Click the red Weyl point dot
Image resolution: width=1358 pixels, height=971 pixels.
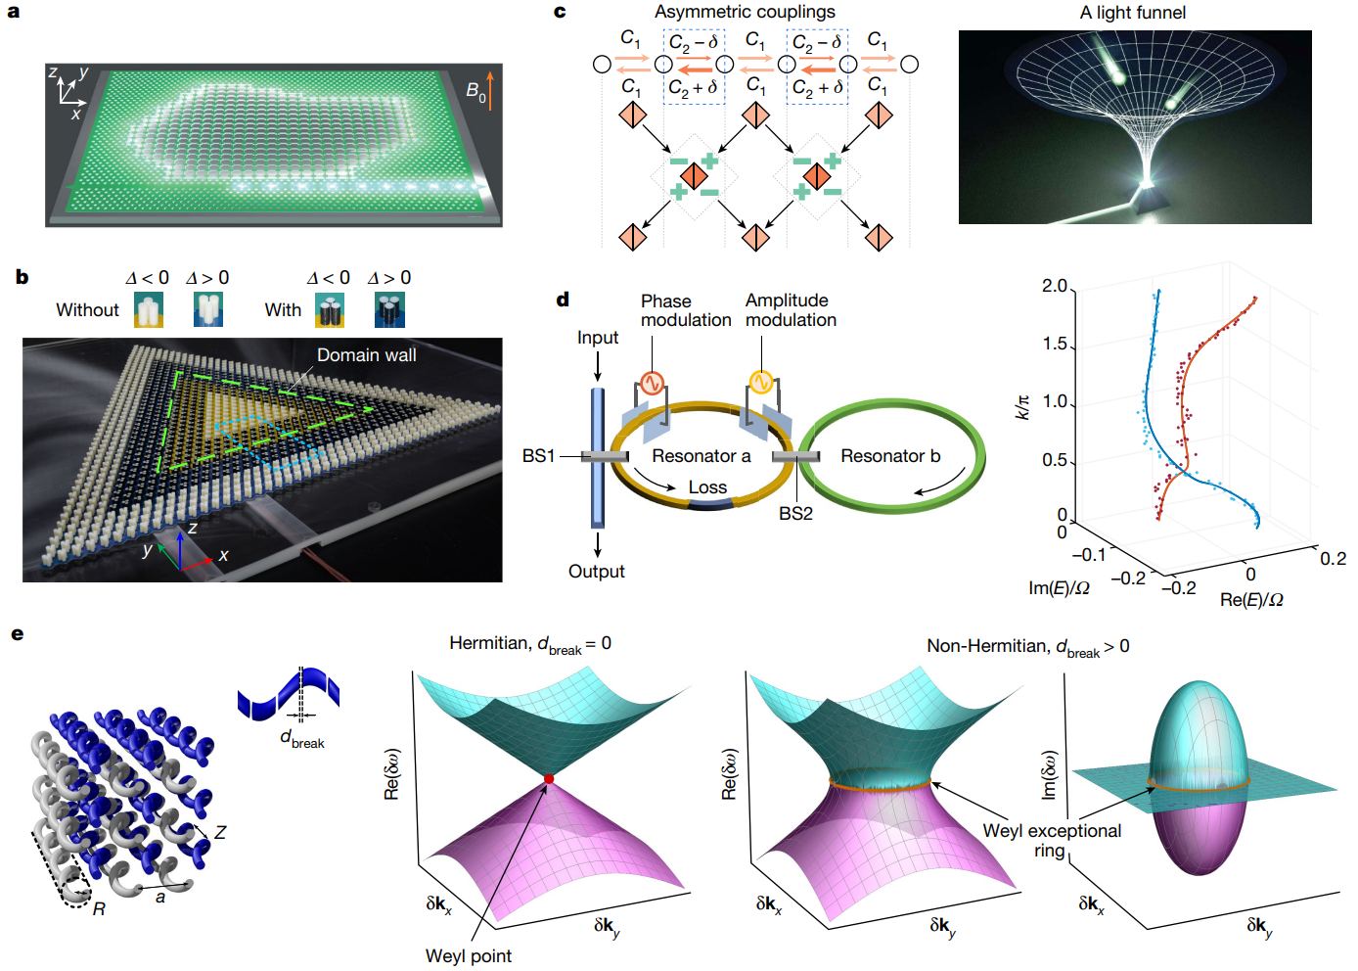coord(549,779)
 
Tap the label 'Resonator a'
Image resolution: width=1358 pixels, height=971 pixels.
coord(702,456)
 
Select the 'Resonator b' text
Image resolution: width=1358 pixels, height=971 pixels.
coord(890,456)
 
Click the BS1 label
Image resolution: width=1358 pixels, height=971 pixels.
coord(538,456)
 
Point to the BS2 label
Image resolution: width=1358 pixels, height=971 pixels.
coord(795,514)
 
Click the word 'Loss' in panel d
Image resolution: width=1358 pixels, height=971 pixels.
coord(707,487)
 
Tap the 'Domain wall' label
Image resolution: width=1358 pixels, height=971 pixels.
coord(366,355)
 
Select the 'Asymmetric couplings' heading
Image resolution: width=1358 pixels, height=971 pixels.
coord(745,12)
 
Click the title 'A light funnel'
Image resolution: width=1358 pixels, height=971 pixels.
coord(1133,13)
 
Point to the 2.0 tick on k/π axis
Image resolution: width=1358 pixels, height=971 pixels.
coord(1055,286)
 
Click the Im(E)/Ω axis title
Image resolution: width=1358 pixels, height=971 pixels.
coord(1059,588)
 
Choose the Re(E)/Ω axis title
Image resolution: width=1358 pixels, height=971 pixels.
coord(1251,599)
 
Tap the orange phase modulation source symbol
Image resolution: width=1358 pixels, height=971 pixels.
coord(652,383)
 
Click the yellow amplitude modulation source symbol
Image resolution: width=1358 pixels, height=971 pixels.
coord(760,382)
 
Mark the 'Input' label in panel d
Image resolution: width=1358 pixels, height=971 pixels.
coord(598,338)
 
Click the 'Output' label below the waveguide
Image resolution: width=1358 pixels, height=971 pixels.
coord(597,572)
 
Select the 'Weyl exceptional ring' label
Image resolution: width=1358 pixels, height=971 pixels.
coord(1052,840)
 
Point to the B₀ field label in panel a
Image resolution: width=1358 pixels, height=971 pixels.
coord(475,92)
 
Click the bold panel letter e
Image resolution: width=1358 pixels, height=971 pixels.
coord(17,634)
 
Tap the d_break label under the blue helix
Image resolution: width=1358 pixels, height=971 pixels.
coord(302,739)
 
